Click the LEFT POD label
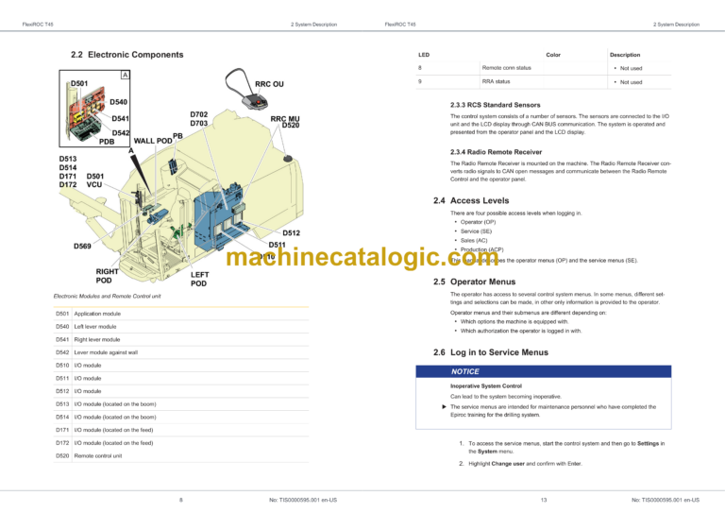tap(198, 279)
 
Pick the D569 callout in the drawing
tap(83, 247)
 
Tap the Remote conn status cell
tap(506, 68)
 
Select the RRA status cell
tap(496, 82)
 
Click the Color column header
tap(553, 55)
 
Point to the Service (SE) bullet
tap(477, 231)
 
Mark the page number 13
tap(545, 499)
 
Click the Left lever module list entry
tap(97, 326)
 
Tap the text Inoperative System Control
tap(486, 386)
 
